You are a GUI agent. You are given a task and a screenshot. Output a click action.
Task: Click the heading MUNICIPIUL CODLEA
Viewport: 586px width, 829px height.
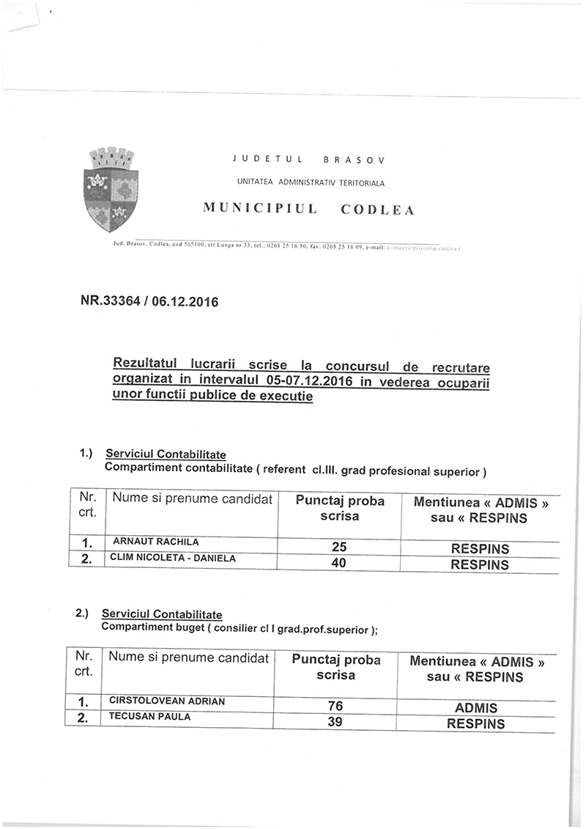pyautogui.click(x=308, y=210)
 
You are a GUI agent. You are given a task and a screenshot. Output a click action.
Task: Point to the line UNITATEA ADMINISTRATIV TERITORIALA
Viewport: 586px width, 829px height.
pyautogui.click(x=311, y=181)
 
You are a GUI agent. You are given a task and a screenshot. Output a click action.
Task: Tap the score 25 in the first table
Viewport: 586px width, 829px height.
pyautogui.click(x=338, y=548)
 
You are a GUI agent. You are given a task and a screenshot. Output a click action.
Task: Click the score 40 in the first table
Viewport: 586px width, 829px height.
pyautogui.click(x=338, y=564)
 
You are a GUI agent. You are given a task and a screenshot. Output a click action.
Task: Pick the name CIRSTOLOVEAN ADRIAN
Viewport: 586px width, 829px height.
pyautogui.click(x=166, y=701)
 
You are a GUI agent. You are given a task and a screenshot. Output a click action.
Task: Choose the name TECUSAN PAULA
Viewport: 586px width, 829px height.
pyautogui.click(x=149, y=717)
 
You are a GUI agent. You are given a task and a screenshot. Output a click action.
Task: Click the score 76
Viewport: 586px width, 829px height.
pyautogui.click(x=335, y=707)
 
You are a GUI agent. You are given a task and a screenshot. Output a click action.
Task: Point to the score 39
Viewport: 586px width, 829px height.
pyautogui.click(x=335, y=723)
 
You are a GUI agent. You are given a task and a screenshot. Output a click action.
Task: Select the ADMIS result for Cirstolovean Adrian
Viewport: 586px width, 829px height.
pyautogui.click(x=475, y=708)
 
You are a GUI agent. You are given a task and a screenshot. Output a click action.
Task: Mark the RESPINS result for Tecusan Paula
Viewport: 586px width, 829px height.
pyautogui.click(x=475, y=724)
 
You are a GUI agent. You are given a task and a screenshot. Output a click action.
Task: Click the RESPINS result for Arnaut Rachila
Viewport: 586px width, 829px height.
pyautogui.click(x=480, y=548)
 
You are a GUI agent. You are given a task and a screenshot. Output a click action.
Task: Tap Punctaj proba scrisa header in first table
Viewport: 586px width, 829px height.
pyautogui.click(x=339, y=509)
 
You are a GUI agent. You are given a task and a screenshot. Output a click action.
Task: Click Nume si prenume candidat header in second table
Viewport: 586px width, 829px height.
pyautogui.click(x=188, y=657)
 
